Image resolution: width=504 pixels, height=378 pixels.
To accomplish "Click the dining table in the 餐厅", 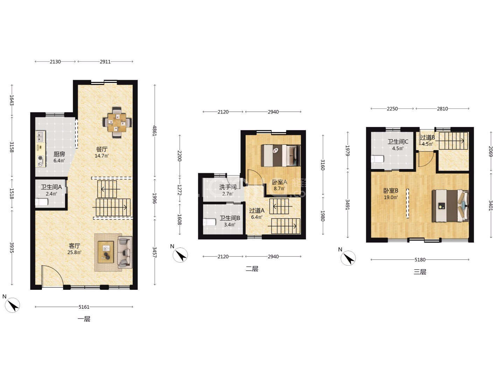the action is pos(117,122).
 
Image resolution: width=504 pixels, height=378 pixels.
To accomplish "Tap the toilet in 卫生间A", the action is pos(42,202).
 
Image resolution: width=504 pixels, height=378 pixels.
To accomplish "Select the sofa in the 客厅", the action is pos(125,252).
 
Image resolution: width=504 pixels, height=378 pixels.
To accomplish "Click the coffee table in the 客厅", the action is pos(106,252).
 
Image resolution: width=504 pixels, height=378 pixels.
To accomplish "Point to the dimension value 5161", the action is pos(84,307).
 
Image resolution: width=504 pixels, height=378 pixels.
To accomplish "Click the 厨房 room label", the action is pos(59,154).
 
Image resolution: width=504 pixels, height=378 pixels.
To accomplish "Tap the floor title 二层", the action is pos(252,269).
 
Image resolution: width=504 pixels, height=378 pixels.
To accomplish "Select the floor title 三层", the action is pos(420,272).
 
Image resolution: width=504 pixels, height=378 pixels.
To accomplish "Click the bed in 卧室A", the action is pos(281,155).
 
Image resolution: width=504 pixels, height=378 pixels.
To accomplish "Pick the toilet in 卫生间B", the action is pos(209,222).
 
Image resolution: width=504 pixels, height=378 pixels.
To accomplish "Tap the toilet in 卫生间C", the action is pos(378,159).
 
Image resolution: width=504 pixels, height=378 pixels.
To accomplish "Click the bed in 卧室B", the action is pos(450,206).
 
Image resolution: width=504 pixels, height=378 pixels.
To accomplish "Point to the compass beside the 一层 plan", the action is pos(12,305).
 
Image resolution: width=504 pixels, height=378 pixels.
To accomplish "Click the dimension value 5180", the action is pos(420,260).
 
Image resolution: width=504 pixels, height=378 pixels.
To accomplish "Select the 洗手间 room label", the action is pos(228,187).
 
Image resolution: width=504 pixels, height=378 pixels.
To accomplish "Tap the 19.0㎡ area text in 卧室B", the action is pos(391,197).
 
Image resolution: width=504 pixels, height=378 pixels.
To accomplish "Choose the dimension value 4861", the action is pos(155,131).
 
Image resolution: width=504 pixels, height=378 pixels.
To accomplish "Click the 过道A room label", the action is pos(257,210).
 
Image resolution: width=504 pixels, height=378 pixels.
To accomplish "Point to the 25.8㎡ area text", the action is pos(75,252).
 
